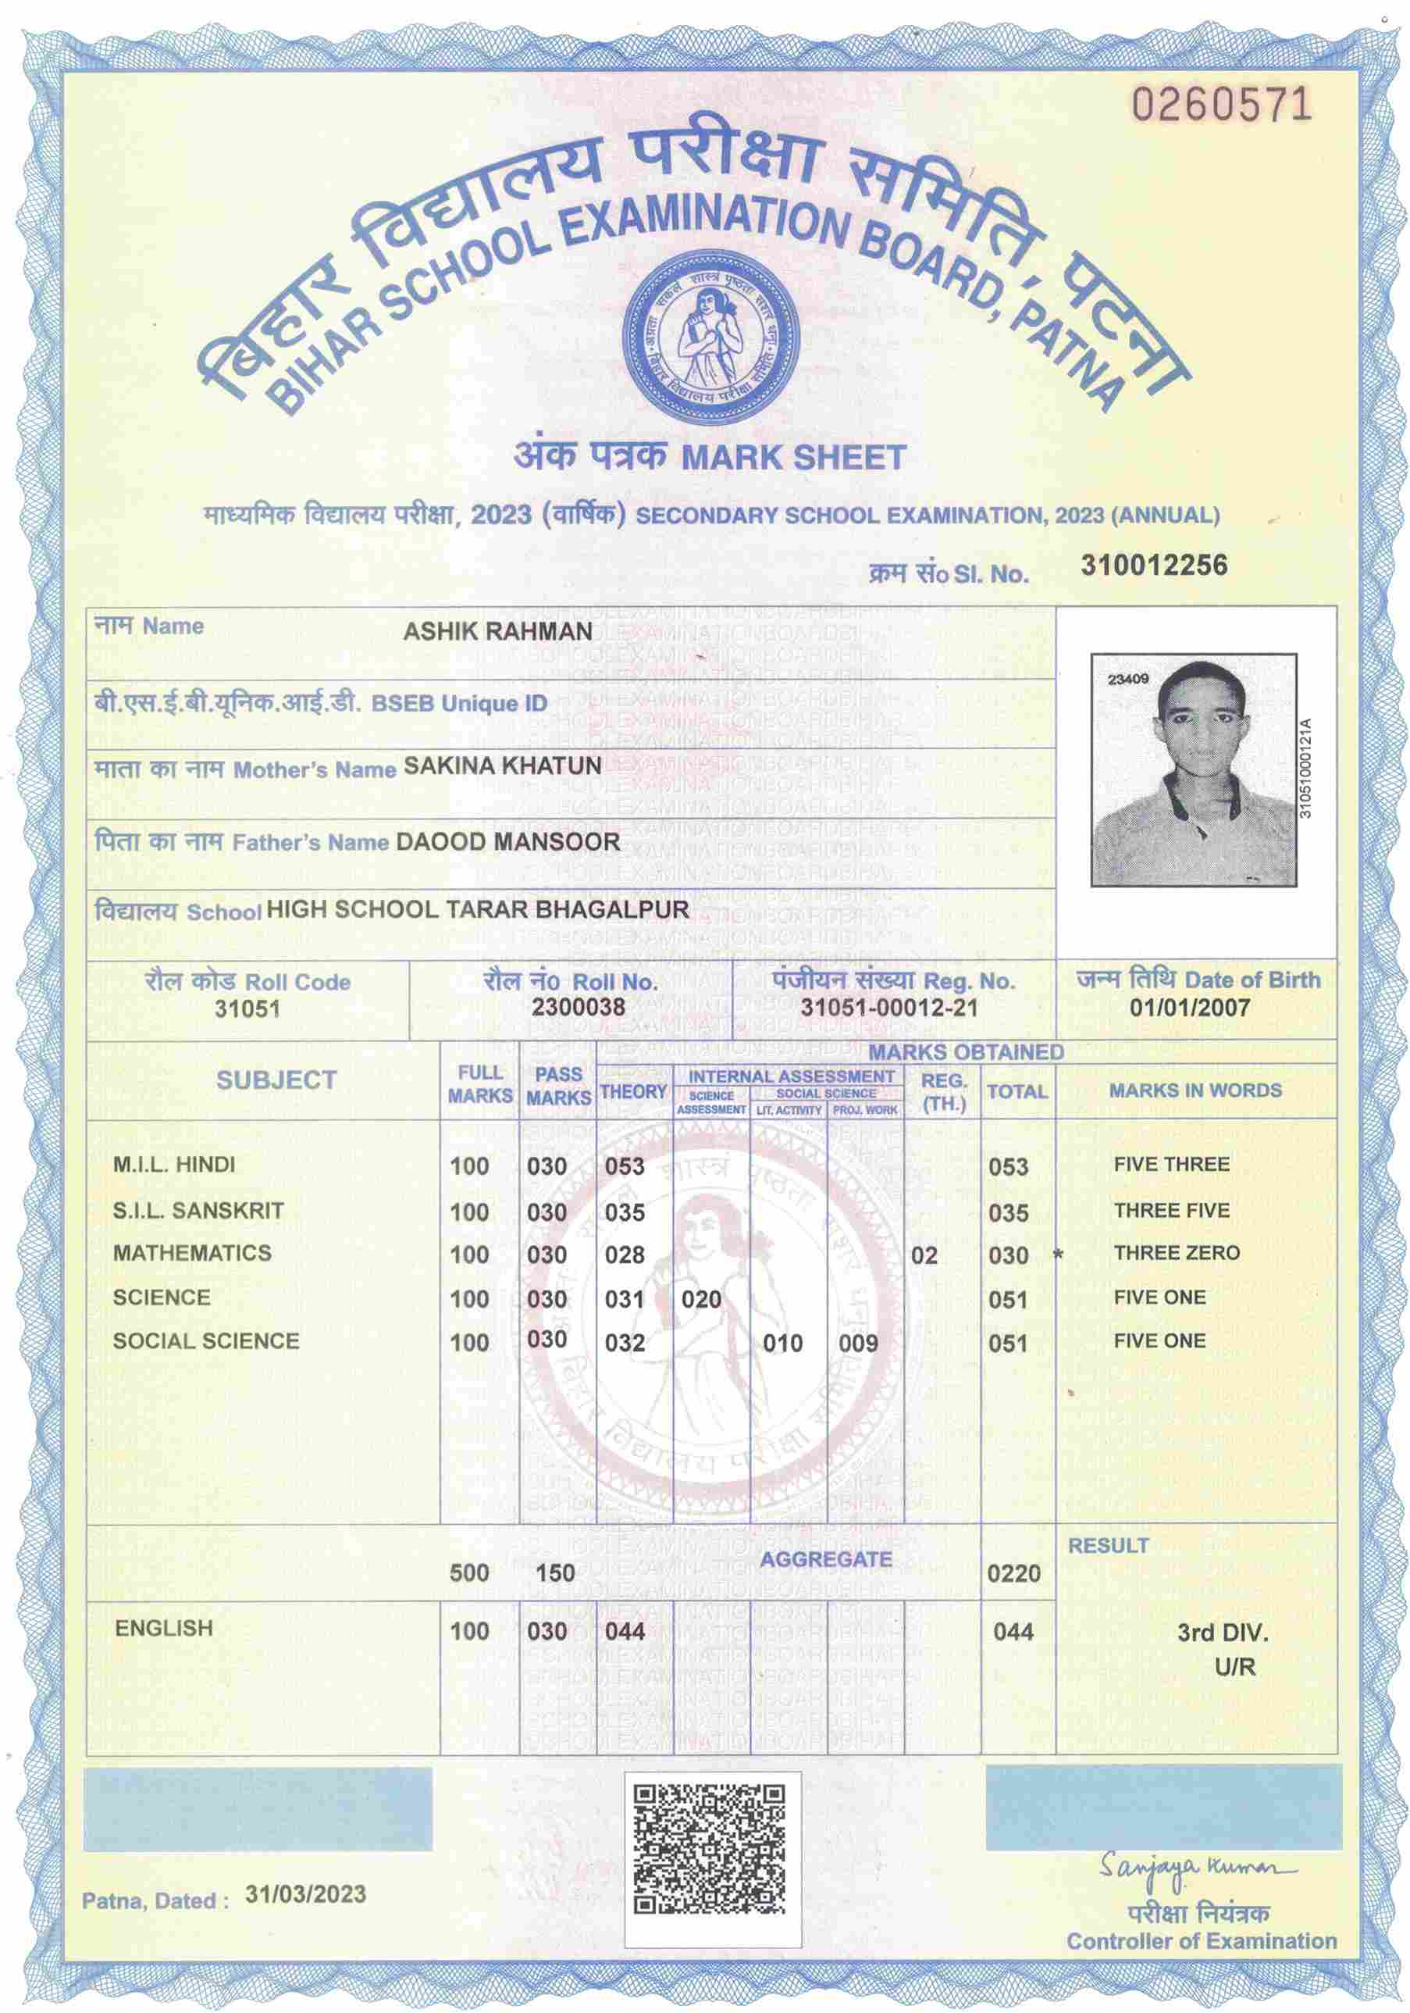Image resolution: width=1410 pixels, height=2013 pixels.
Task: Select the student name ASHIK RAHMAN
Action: pyautogui.click(x=497, y=631)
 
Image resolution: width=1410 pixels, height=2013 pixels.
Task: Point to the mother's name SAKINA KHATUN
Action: pyautogui.click(x=502, y=766)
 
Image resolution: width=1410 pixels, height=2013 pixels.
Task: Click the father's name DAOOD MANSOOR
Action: pyautogui.click(x=507, y=841)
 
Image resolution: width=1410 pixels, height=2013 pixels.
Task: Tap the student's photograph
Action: pyautogui.click(x=1193, y=769)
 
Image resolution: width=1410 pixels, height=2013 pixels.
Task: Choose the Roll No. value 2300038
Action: pyautogui.click(x=579, y=1006)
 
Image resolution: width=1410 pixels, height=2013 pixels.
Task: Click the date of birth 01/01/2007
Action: pyautogui.click(x=1189, y=1008)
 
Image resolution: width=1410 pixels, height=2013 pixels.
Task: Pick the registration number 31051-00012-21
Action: pyautogui.click(x=888, y=1008)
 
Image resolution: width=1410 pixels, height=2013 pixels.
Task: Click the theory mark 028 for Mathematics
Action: pyautogui.click(x=625, y=1255)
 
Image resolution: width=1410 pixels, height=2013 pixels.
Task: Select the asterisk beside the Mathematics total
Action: pyautogui.click(x=1058, y=1255)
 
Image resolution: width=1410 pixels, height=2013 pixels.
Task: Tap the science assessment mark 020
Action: pyautogui.click(x=701, y=1299)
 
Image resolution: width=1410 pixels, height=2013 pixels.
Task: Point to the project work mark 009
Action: pyautogui.click(x=858, y=1343)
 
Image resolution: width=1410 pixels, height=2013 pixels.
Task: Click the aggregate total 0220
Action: pyautogui.click(x=1014, y=1573)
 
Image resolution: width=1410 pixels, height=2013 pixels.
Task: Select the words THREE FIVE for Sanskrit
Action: pyautogui.click(x=1172, y=1211)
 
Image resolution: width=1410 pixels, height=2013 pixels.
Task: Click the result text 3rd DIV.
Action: pyautogui.click(x=1223, y=1633)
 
